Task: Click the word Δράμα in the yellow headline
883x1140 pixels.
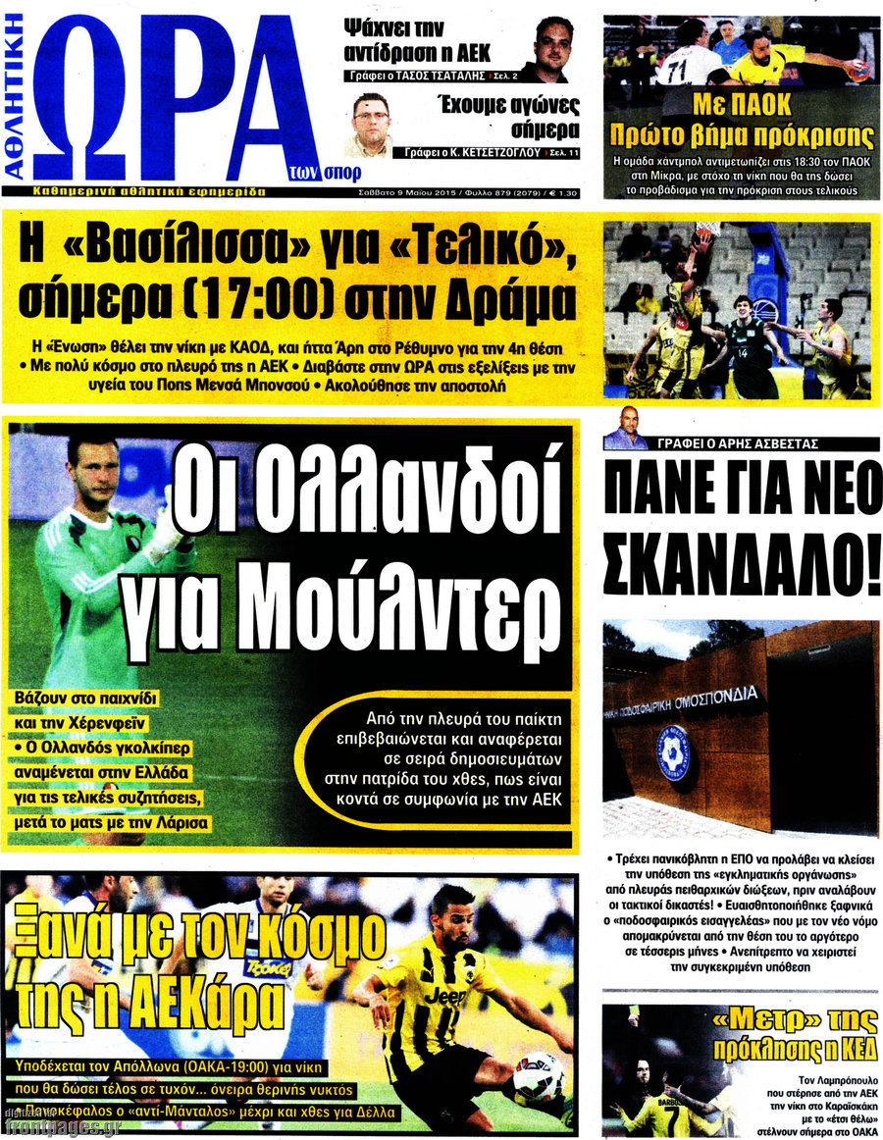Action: [501, 301]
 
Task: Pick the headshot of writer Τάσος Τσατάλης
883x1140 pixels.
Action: [552, 49]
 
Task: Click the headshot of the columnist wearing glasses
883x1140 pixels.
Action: [373, 126]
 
